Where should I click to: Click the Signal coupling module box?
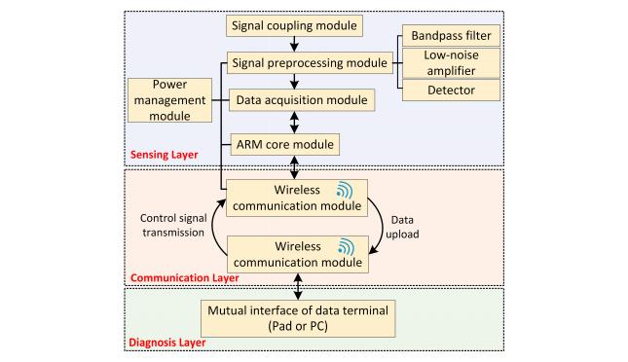[x=294, y=26]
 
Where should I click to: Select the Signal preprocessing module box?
[x=310, y=63]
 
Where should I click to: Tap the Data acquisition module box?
[x=302, y=100]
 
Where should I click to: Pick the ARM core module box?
[x=284, y=145]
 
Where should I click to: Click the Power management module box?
[x=169, y=100]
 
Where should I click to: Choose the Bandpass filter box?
[x=451, y=36]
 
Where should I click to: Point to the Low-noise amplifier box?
[x=451, y=63]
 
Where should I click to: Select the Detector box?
[x=451, y=90]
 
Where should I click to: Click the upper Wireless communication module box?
[x=297, y=198]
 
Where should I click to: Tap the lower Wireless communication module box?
[x=298, y=254]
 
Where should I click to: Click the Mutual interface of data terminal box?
[x=298, y=318]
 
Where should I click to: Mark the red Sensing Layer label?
[x=165, y=155]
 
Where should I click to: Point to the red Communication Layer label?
[x=185, y=278]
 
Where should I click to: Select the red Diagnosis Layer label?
[x=167, y=343]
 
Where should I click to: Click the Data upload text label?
[x=402, y=227]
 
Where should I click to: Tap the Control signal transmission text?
[x=173, y=226]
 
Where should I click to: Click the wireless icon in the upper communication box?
[x=345, y=190]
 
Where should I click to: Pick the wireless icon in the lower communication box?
[x=346, y=246]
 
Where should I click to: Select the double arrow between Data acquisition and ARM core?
[x=294, y=123]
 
